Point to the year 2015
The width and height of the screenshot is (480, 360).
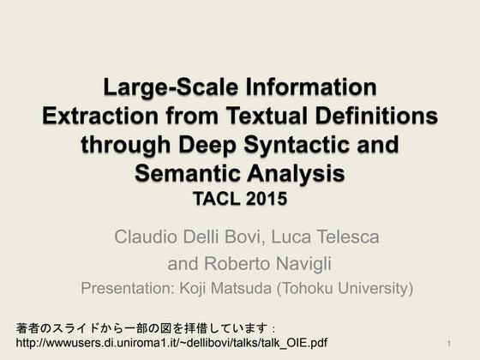[266, 201]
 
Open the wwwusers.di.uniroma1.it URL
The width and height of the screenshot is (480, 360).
[171, 343]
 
